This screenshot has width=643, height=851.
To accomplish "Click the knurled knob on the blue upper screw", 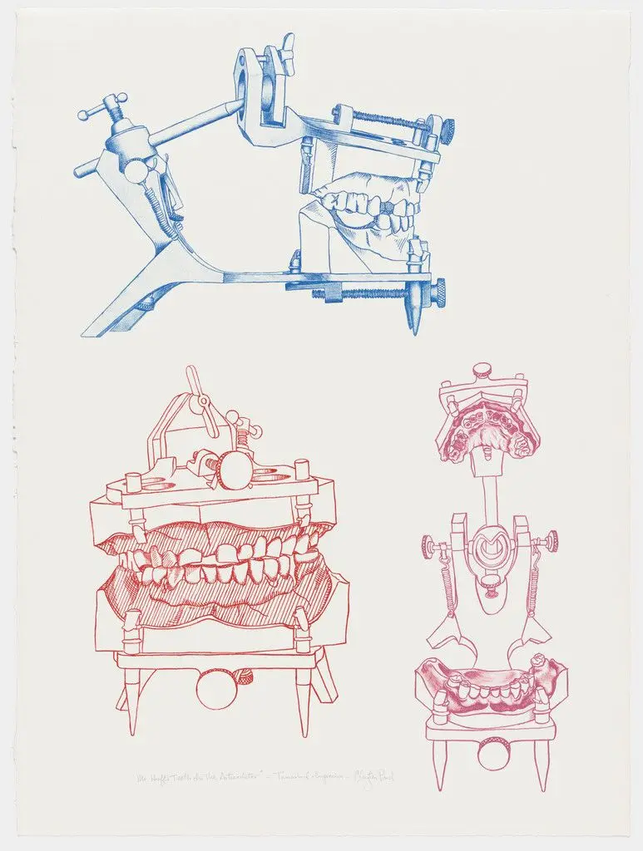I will (x=448, y=129).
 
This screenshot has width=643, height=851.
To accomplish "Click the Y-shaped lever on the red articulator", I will (x=200, y=400).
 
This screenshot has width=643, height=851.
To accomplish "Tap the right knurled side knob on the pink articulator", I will (x=551, y=542).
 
